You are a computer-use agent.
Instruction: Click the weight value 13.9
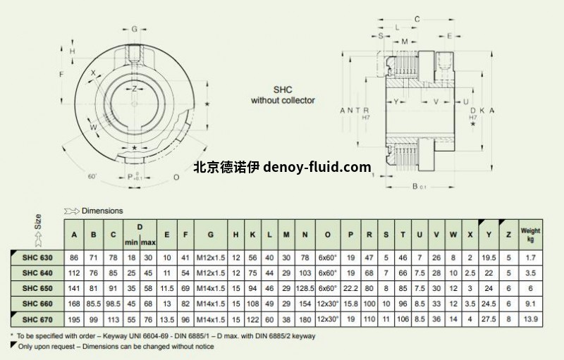point(529,321)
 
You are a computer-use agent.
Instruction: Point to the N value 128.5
point(305,288)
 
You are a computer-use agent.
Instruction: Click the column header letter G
point(209,234)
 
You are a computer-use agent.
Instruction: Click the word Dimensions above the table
point(102,211)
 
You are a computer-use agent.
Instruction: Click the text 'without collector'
point(283,101)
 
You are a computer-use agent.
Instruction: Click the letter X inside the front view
point(93,73)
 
